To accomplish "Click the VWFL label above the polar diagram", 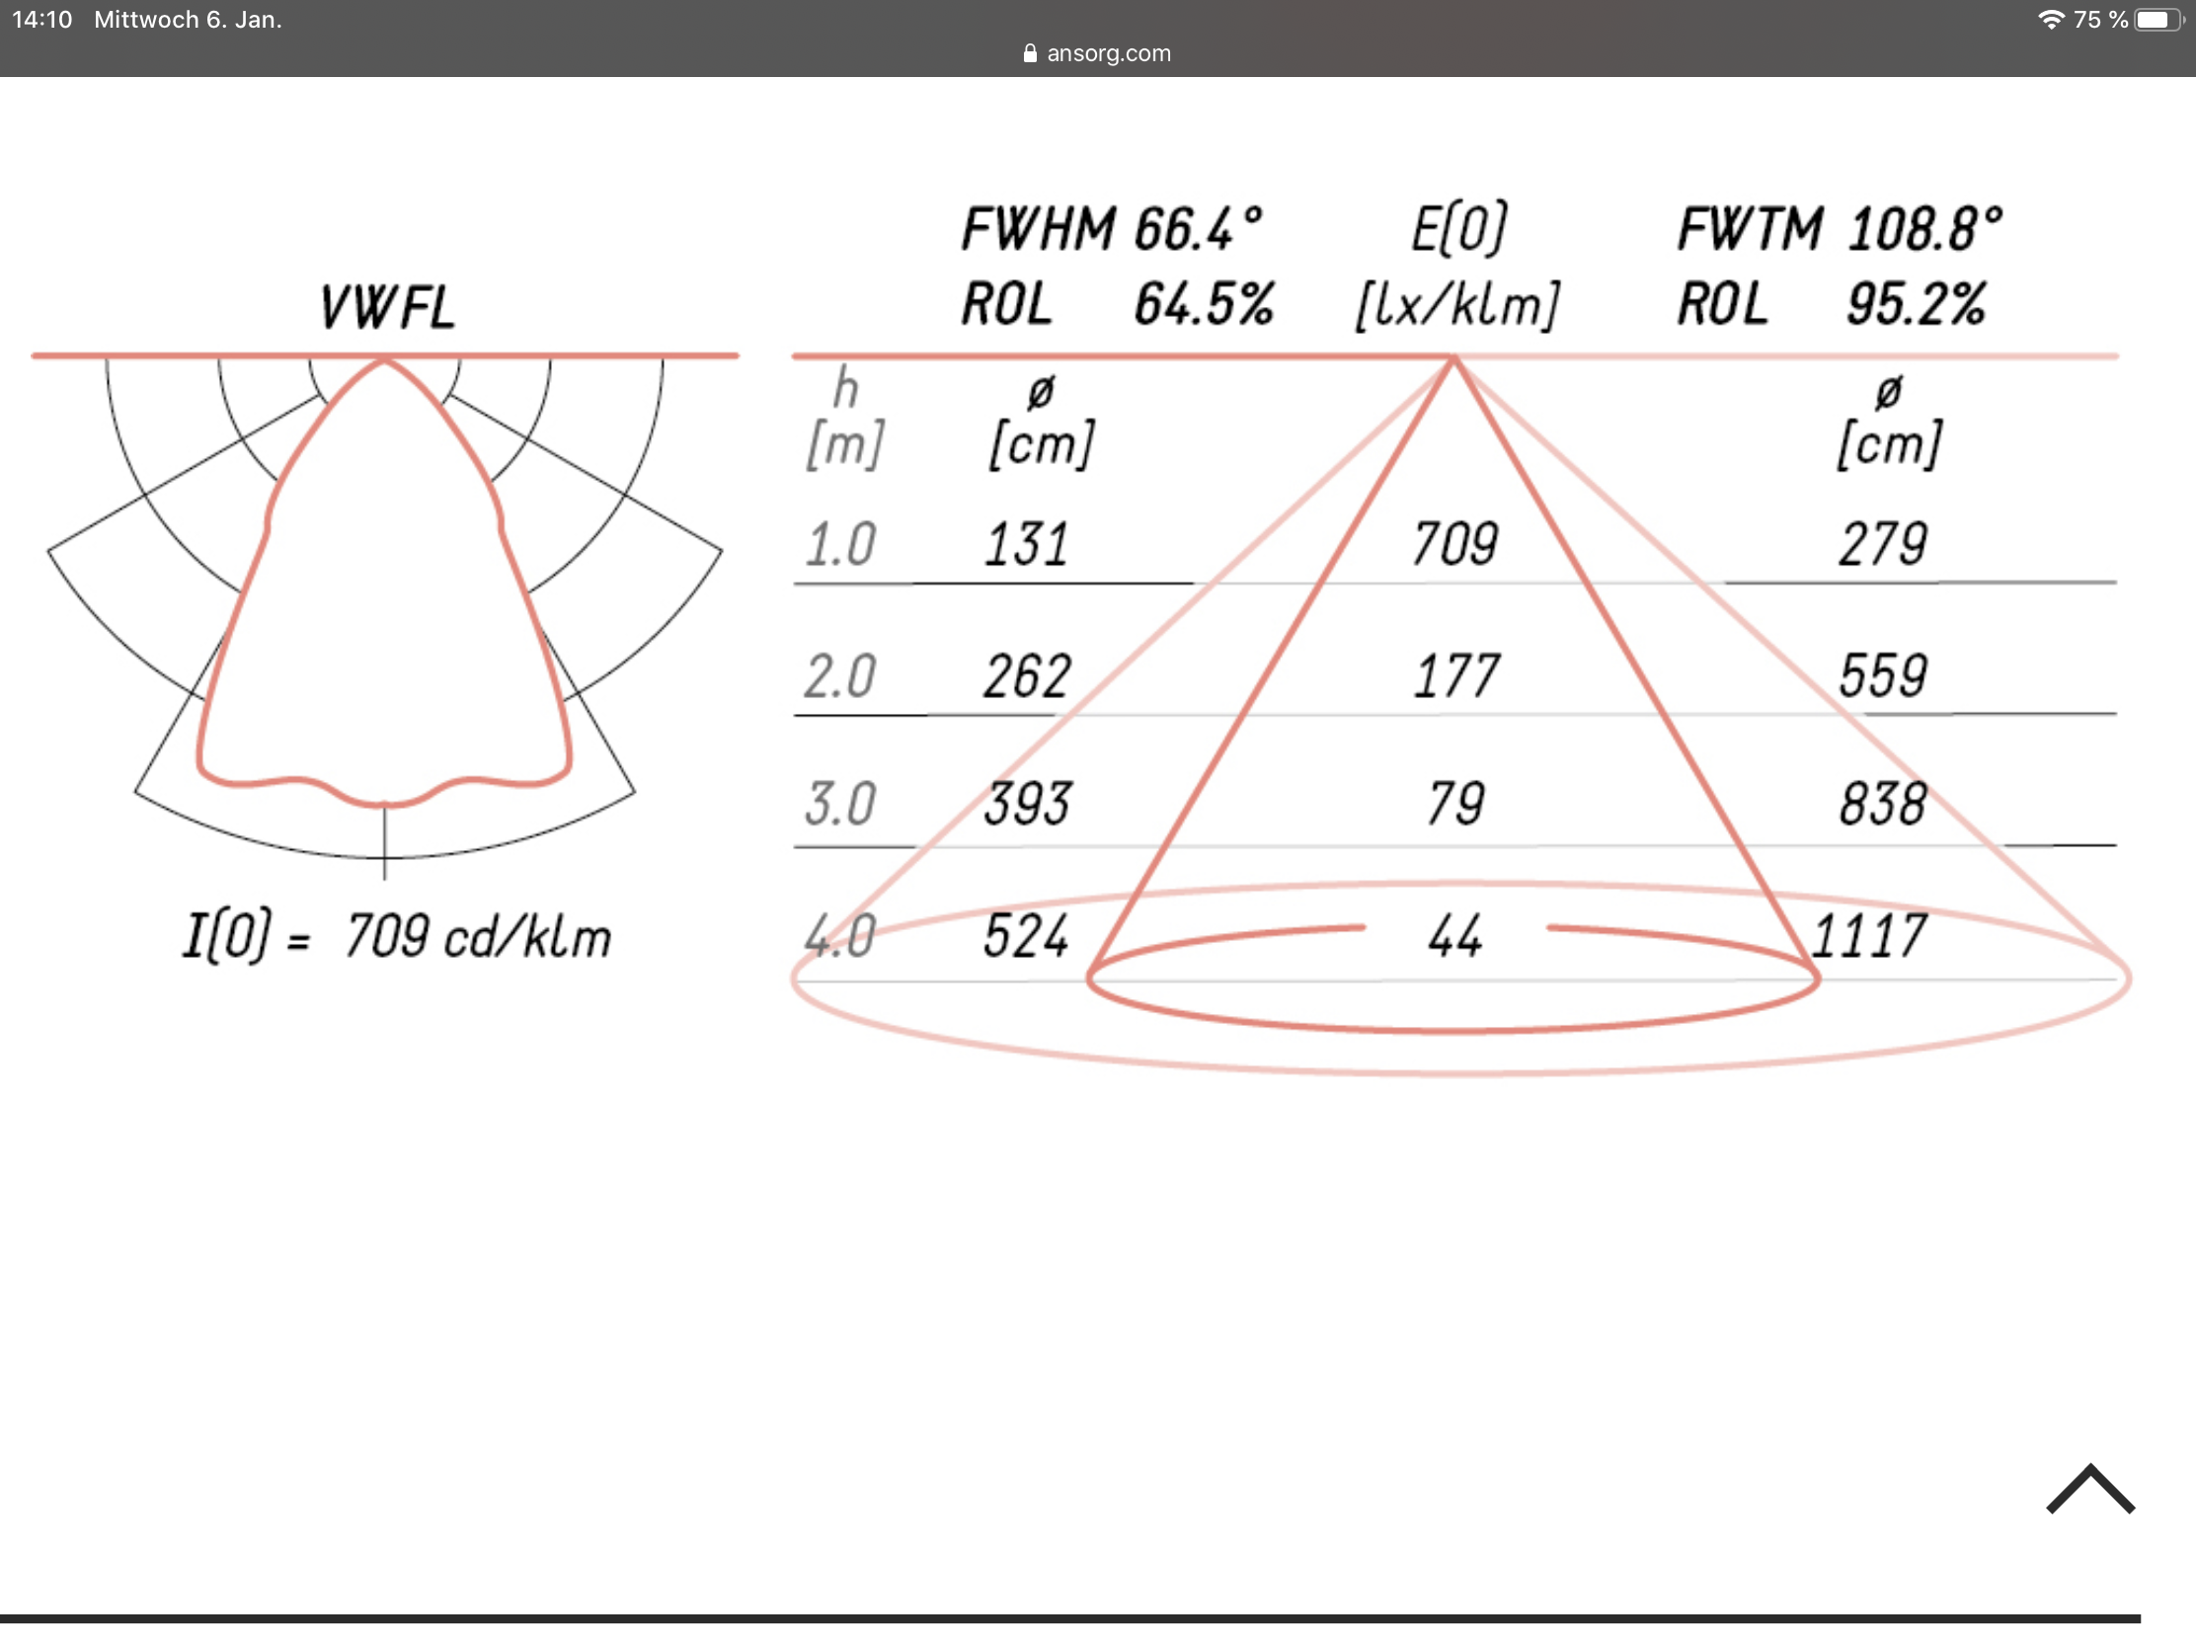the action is (387, 307).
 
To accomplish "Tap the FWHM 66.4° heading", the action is (1112, 229).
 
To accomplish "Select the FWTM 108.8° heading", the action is (1840, 229).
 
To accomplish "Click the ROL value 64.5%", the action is (1205, 304).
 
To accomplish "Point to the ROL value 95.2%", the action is (1916, 304).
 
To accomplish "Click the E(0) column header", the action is (1458, 229).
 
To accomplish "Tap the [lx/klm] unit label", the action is (1457, 305).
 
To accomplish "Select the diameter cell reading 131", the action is (1027, 544).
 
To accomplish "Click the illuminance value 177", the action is (1455, 676).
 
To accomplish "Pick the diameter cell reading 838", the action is (1882, 803).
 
